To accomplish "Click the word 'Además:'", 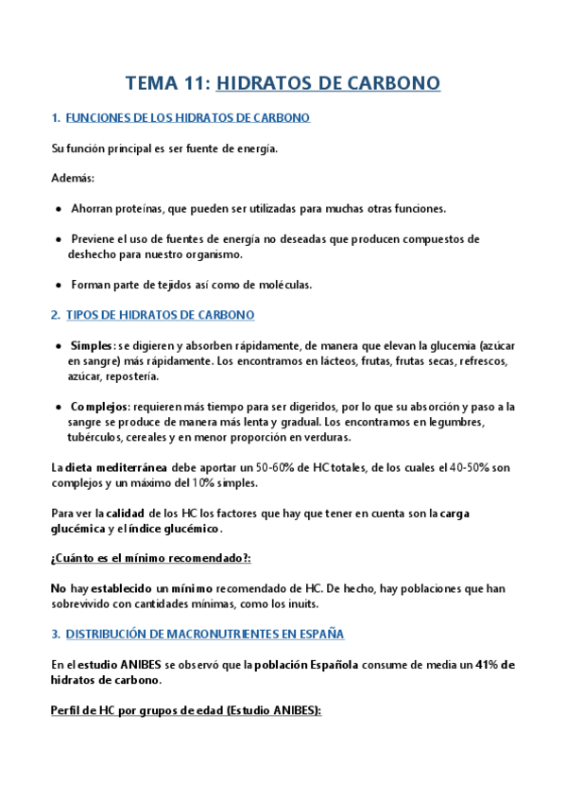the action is pyautogui.click(x=73, y=178).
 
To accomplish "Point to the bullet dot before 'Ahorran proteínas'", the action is pyautogui.click(x=60, y=208).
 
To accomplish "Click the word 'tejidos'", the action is pyautogui.click(x=193, y=285).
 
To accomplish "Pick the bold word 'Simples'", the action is pyautogui.click(x=92, y=345).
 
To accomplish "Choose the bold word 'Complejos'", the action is pyautogui.click(x=100, y=407).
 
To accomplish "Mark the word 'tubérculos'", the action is pyautogui.click(x=96, y=437).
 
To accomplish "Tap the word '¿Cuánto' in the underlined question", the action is pyautogui.click(x=74, y=558).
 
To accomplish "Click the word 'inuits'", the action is pyautogui.click(x=299, y=604).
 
